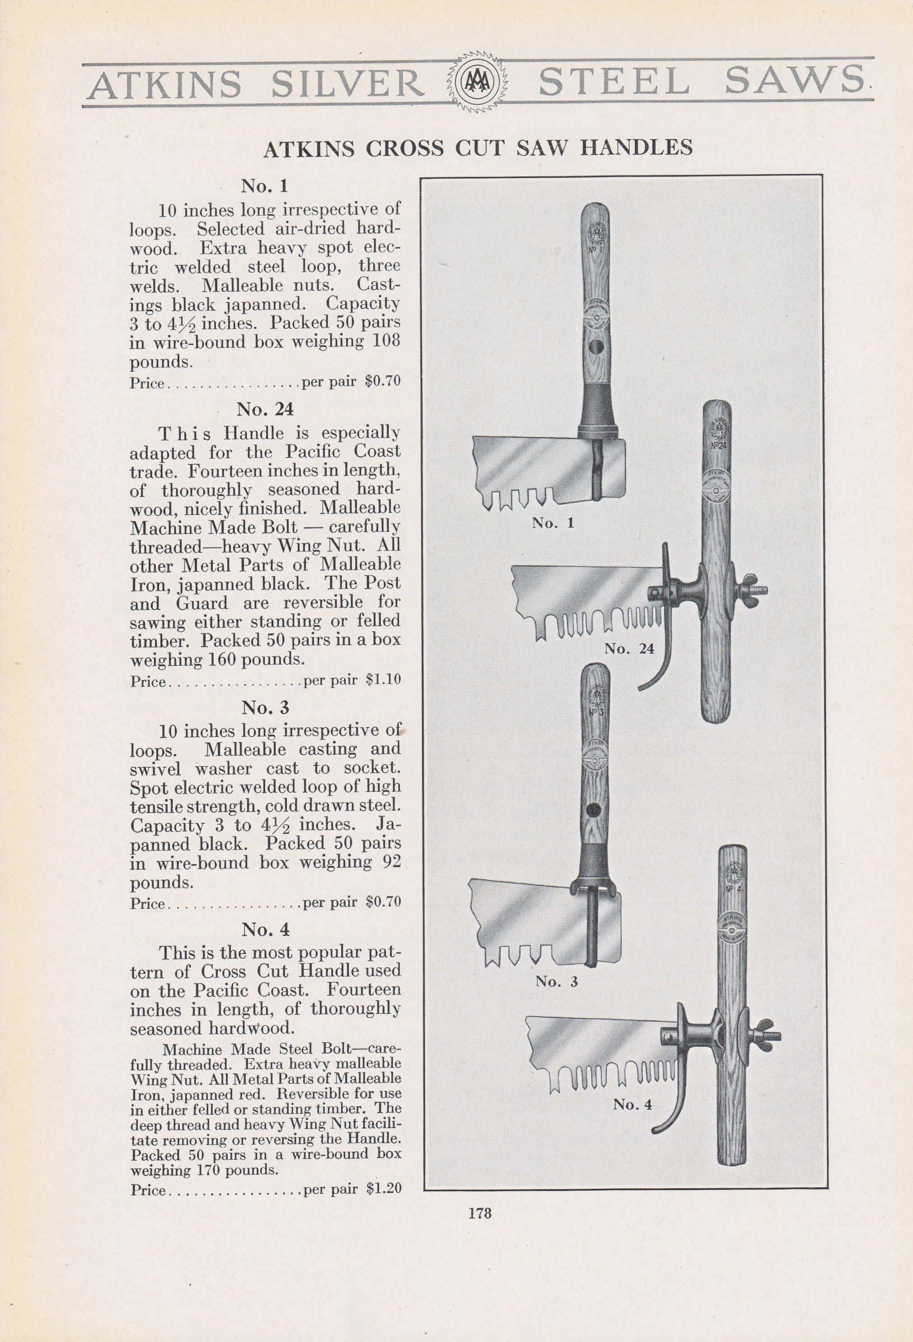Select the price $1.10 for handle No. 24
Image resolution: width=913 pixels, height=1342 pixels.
(383, 680)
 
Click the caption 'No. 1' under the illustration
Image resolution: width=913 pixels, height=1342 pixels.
(553, 523)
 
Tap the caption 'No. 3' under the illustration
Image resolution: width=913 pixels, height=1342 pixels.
(557, 982)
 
